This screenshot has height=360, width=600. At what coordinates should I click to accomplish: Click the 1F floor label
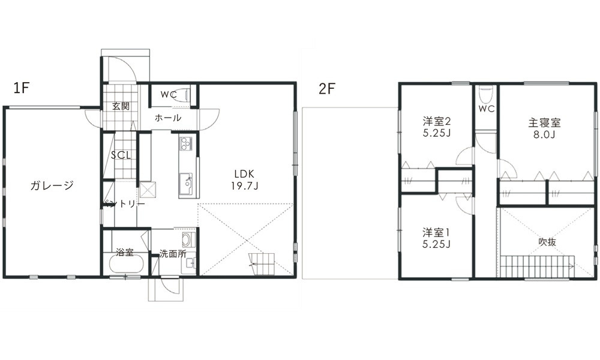(x=22, y=88)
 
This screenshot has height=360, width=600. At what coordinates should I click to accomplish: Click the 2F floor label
(x=327, y=89)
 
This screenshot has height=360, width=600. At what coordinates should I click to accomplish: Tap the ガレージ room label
(x=52, y=186)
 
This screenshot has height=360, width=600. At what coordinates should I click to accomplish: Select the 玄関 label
(x=121, y=106)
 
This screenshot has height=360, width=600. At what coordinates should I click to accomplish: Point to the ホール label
(x=168, y=118)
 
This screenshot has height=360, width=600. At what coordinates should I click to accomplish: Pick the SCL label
(x=121, y=155)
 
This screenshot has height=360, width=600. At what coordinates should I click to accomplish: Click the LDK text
(x=244, y=174)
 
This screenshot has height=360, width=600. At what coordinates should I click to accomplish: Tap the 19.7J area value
(x=245, y=186)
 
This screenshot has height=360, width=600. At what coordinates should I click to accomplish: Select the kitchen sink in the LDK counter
(x=187, y=180)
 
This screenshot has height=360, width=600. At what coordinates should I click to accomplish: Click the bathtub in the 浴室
(x=126, y=263)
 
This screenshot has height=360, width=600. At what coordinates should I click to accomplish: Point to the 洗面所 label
(x=173, y=254)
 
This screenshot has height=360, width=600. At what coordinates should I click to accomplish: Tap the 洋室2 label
(x=437, y=122)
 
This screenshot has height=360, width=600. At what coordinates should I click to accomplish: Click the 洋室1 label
(x=436, y=233)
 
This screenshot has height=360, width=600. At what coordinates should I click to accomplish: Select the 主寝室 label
(x=545, y=123)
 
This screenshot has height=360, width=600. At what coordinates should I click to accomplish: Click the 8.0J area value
(x=545, y=134)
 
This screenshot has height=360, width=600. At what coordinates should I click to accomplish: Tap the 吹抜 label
(x=547, y=242)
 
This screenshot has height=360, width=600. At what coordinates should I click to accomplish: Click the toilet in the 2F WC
(x=486, y=94)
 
